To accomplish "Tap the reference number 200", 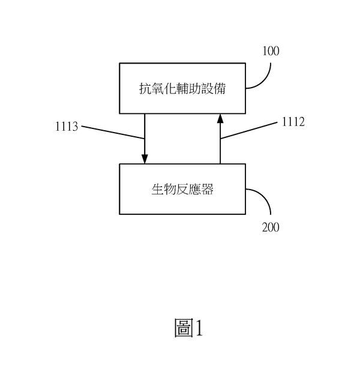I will tap(271, 228).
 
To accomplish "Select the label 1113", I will tap(66, 127).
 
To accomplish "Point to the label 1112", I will tap(293, 122).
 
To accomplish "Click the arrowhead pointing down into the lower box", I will tap(145, 159).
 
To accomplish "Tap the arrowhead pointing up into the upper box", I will tap(220, 118).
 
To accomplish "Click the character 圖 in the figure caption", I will tap(182, 328).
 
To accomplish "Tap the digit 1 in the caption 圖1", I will tap(199, 328).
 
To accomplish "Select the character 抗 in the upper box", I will tap(144, 88).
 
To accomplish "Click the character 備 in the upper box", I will tap(221, 88).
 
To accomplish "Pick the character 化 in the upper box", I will tap(170, 88).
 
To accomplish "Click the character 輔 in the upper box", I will tap(182, 88).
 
